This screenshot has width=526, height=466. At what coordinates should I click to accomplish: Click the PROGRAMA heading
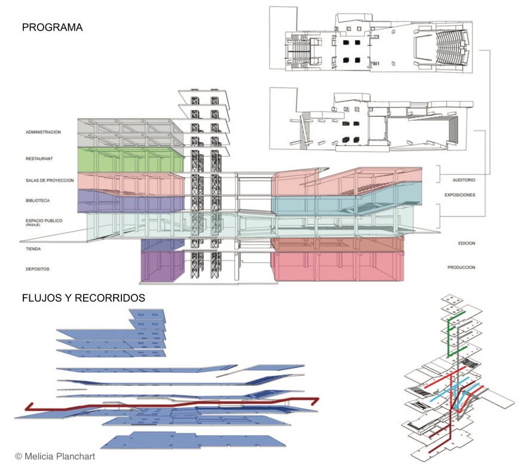(x=52, y=28)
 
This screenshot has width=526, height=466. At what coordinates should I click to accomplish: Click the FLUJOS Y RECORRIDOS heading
(x=83, y=297)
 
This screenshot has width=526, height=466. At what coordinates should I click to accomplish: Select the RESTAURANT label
(x=39, y=159)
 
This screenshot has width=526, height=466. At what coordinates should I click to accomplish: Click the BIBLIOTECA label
(x=39, y=202)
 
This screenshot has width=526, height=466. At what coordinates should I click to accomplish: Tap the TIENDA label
(x=33, y=248)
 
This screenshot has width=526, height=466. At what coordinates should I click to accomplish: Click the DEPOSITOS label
(x=37, y=269)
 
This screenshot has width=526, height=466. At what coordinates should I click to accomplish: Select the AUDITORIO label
(x=460, y=179)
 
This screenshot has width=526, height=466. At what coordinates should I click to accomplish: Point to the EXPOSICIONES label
(x=460, y=195)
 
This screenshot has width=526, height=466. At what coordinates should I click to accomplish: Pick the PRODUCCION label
(x=461, y=267)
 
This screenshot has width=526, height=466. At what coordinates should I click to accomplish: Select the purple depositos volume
(x=161, y=266)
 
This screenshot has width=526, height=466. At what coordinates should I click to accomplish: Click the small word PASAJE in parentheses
(x=33, y=227)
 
